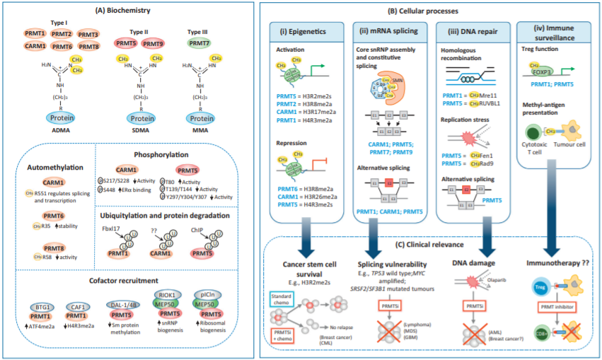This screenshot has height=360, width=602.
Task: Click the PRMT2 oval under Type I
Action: click(x=60, y=34)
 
